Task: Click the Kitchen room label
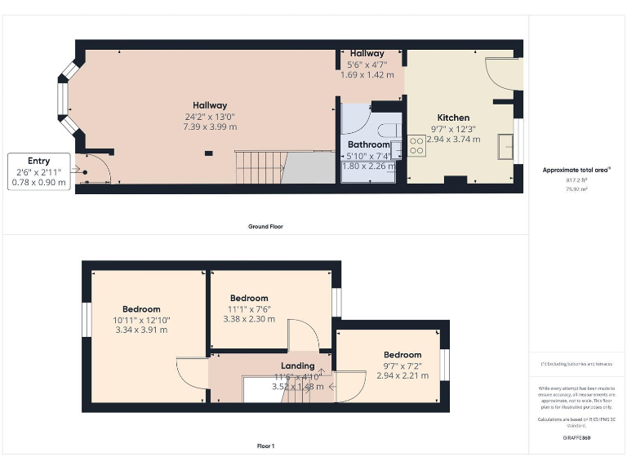453,117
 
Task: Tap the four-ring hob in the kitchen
416,144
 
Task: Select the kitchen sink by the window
508,145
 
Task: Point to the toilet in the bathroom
389,129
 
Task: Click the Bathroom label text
367,144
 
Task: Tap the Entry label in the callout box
38,161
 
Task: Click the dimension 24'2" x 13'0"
210,116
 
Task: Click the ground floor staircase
259,167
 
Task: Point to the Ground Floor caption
265,226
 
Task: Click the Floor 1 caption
265,446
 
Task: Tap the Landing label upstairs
297,366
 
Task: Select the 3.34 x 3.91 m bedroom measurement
141,330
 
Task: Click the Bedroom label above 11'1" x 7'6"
249,298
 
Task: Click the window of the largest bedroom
86,320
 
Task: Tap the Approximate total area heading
576,170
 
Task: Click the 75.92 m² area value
576,188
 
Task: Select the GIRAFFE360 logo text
576,438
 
